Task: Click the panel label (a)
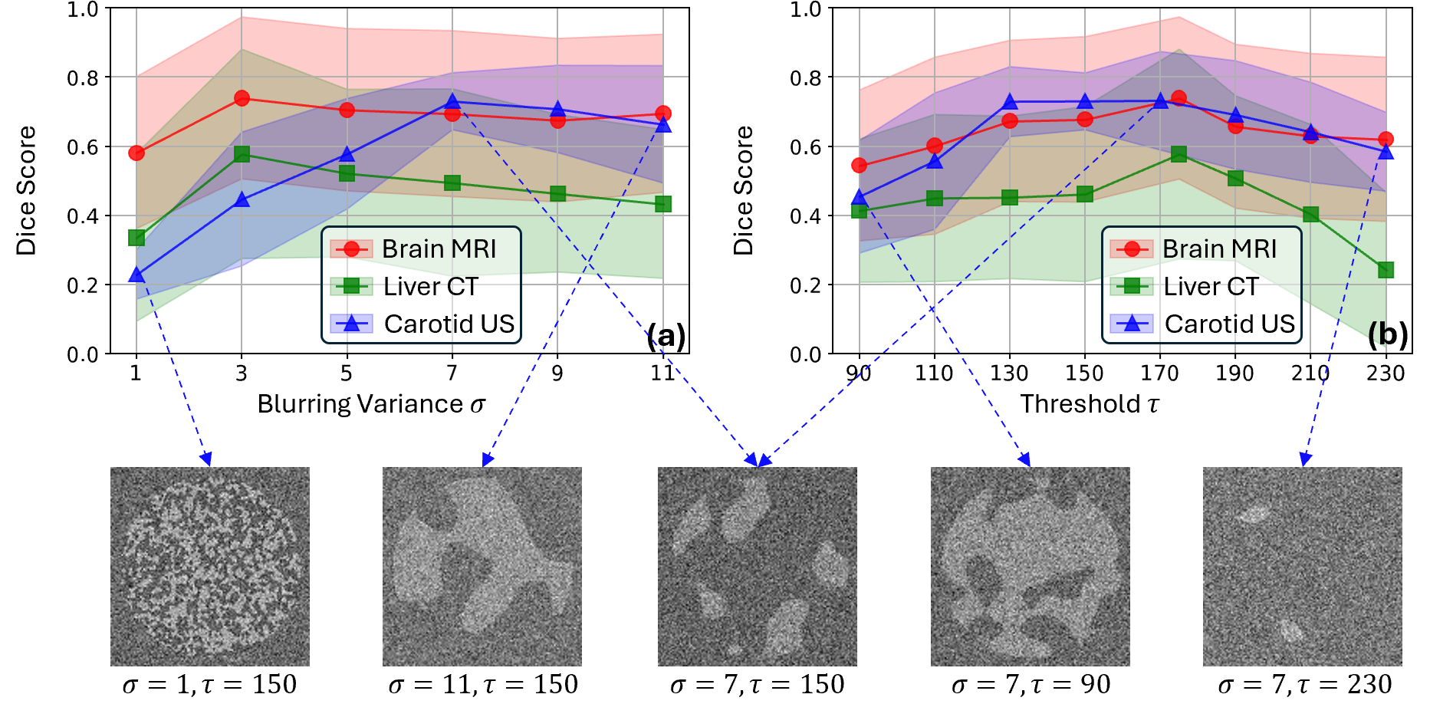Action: [666, 336]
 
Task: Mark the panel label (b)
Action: [1388, 334]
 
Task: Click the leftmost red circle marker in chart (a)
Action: [136, 153]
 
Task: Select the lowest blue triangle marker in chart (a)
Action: [136, 275]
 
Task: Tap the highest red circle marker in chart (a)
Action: [242, 98]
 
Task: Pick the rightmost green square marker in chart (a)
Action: [663, 203]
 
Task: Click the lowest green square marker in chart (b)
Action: [1386, 270]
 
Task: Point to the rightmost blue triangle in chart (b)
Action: [1386, 151]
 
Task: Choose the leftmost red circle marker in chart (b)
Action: [860, 165]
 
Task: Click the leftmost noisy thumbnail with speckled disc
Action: [210, 567]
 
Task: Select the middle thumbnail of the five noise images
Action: [758, 567]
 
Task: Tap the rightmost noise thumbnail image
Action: [1302, 567]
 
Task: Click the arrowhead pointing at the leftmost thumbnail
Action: [206, 459]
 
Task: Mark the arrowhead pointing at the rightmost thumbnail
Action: [1304, 459]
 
